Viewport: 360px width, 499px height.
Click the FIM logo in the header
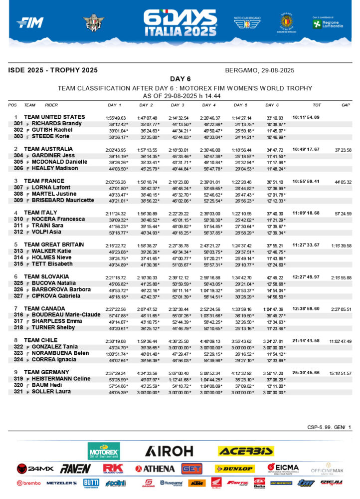(30, 22)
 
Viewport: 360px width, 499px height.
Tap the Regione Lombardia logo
(327, 23)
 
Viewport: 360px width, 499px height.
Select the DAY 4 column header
(209, 105)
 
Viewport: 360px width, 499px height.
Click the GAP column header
(346, 105)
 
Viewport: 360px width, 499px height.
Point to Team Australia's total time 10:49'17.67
(306, 149)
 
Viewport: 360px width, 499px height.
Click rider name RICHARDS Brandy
(56, 124)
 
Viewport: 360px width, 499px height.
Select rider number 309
(19, 200)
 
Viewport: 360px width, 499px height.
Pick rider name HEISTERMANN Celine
(61, 379)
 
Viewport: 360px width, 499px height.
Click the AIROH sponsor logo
(169, 451)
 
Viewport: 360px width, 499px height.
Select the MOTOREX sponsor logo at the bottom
(104, 451)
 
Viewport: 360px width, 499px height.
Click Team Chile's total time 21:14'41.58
(306, 341)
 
